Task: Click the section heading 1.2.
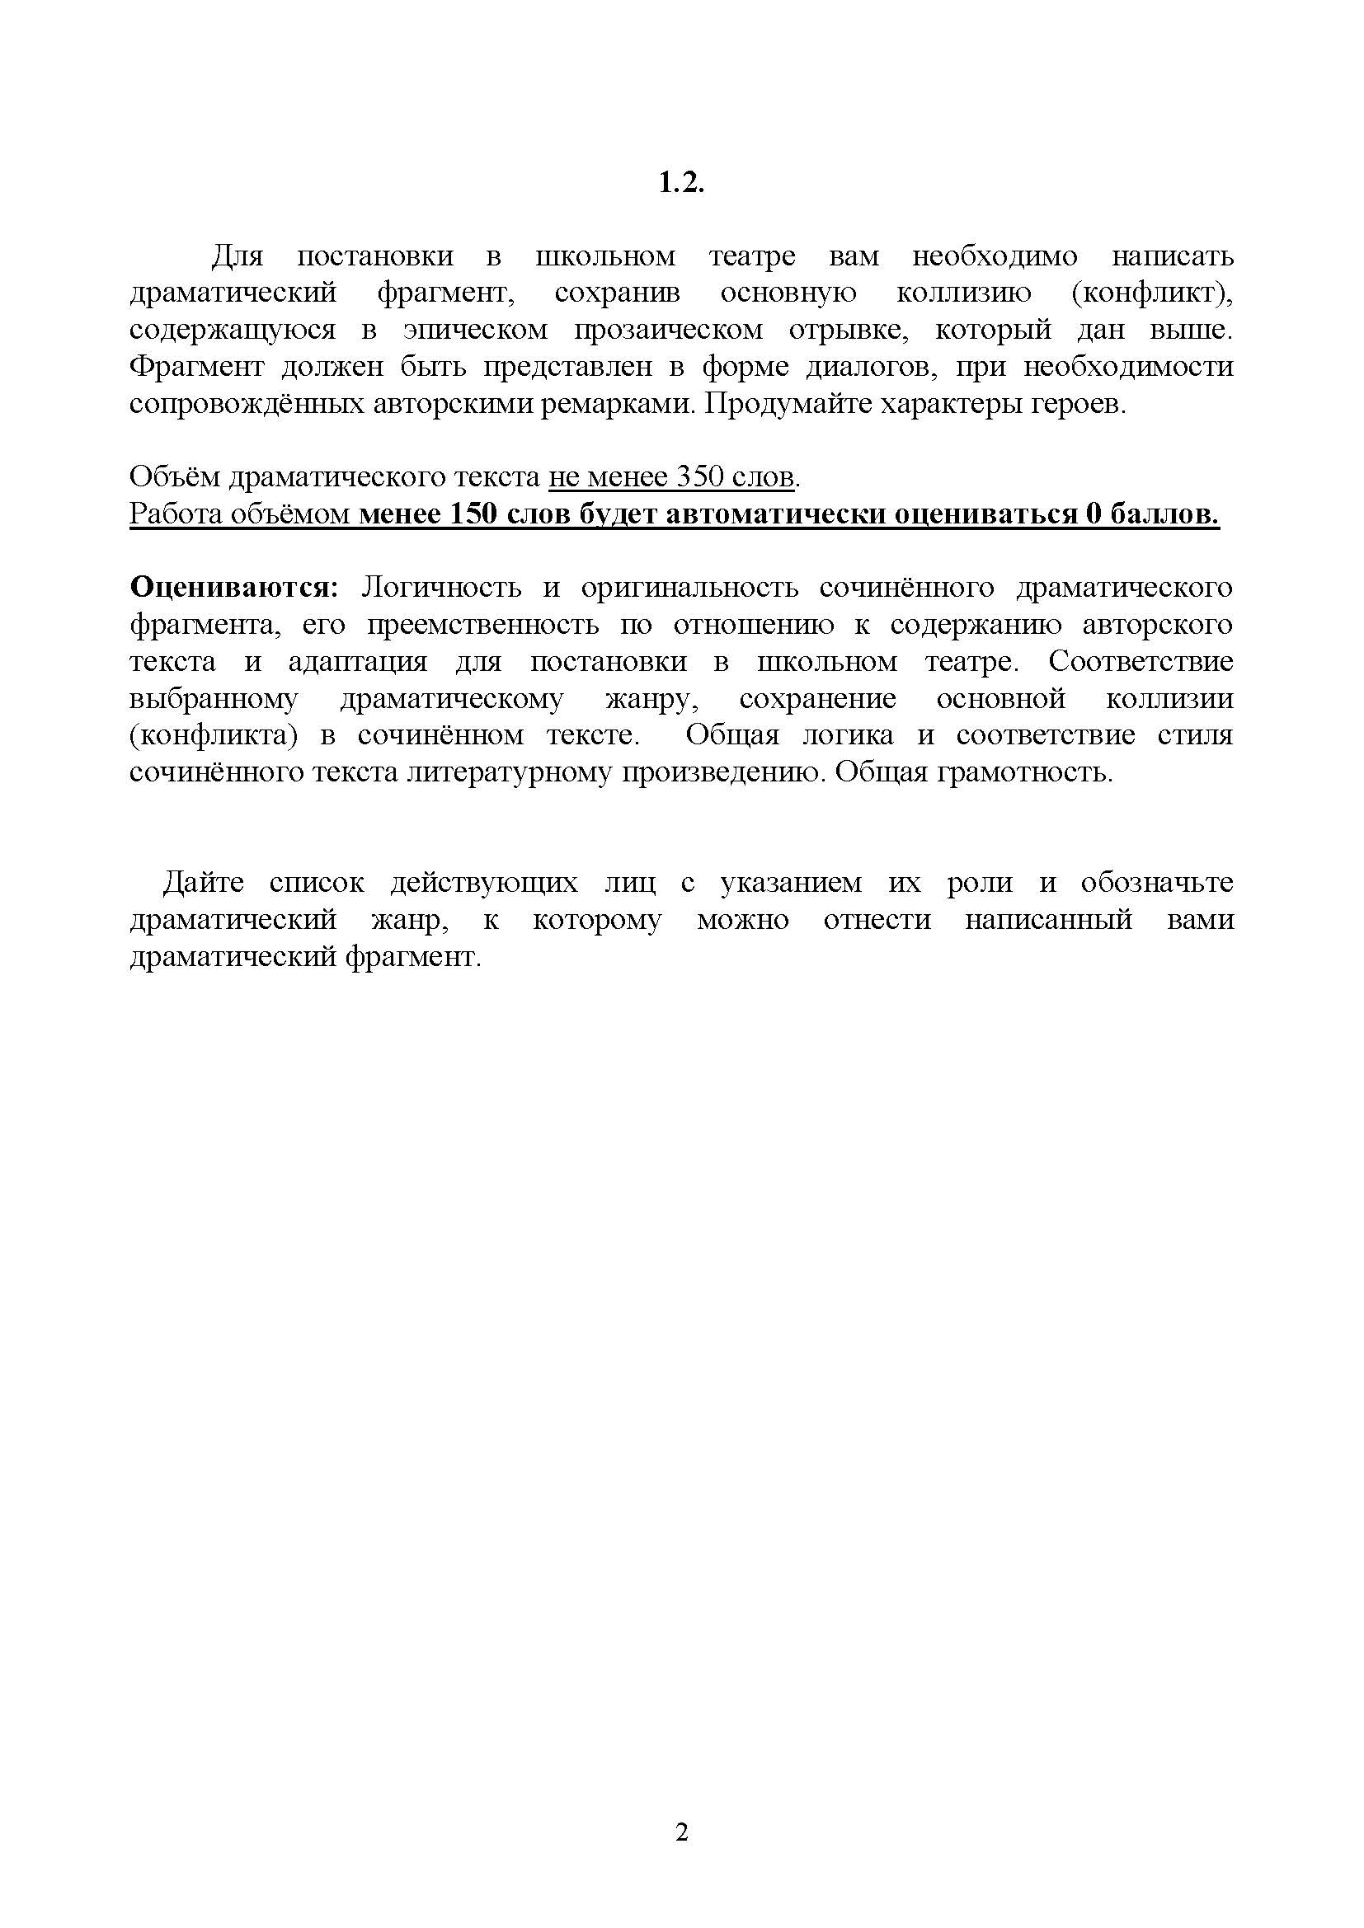[680, 183]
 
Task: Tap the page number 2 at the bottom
[681, 1832]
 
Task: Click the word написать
[1173, 256]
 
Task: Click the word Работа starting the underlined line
[177, 514]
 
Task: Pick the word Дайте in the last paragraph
[203, 883]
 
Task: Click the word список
[317, 883]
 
